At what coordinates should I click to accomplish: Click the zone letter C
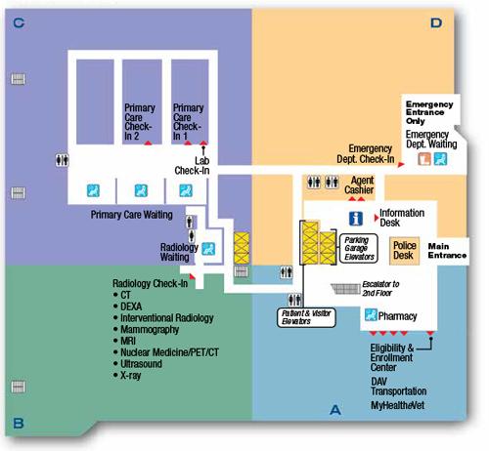(x=19, y=23)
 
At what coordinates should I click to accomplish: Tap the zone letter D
(x=436, y=23)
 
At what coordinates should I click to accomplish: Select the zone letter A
(x=335, y=410)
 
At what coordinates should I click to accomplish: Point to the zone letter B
(x=19, y=424)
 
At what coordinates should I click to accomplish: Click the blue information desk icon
(x=356, y=219)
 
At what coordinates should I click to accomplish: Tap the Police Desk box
(x=404, y=250)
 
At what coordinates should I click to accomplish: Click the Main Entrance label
(x=447, y=251)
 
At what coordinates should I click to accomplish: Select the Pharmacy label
(x=397, y=316)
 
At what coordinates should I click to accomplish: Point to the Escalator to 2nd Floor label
(x=380, y=288)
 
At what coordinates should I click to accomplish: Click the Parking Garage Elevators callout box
(x=359, y=248)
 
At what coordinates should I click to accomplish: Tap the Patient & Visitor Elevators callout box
(x=306, y=317)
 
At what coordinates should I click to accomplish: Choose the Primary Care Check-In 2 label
(x=140, y=122)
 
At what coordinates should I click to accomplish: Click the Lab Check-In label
(x=192, y=165)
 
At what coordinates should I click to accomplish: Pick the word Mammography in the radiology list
(x=150, y=329)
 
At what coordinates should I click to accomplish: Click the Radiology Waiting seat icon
(x=208, y=249)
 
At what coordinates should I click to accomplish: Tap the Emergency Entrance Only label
(x=429, y=112)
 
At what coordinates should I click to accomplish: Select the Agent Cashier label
(x=359, y=184)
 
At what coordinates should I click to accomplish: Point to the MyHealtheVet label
(x=398, y=405)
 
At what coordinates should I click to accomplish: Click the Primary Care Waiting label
(x=132, y=215)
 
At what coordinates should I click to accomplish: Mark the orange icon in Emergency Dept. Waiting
(x=424, y=159)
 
